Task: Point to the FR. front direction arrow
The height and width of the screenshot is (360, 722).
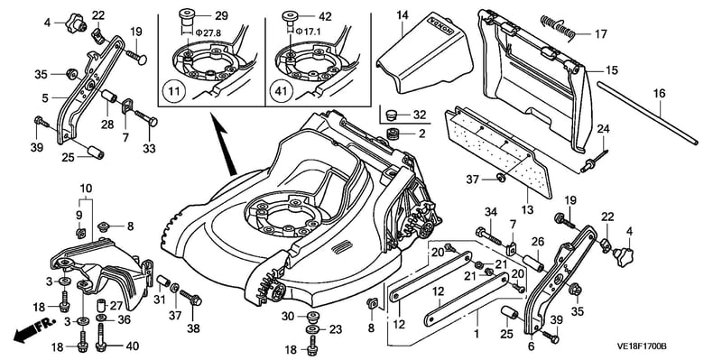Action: (33, 329)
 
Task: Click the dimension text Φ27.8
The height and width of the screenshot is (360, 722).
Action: (205, 32)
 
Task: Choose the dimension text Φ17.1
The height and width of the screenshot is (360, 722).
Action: (308, 32)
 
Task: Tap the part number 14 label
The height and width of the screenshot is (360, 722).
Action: (403, 14)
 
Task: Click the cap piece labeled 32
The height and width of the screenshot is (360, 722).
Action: (392, 115)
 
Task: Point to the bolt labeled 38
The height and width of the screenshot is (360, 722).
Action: (191, 298)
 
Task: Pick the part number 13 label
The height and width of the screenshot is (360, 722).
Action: (528, 210)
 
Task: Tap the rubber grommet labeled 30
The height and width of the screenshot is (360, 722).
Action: (313, 318)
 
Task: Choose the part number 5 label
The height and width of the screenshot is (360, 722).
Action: (44, 97)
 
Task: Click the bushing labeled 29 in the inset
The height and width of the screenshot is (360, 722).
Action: (187, 15)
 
